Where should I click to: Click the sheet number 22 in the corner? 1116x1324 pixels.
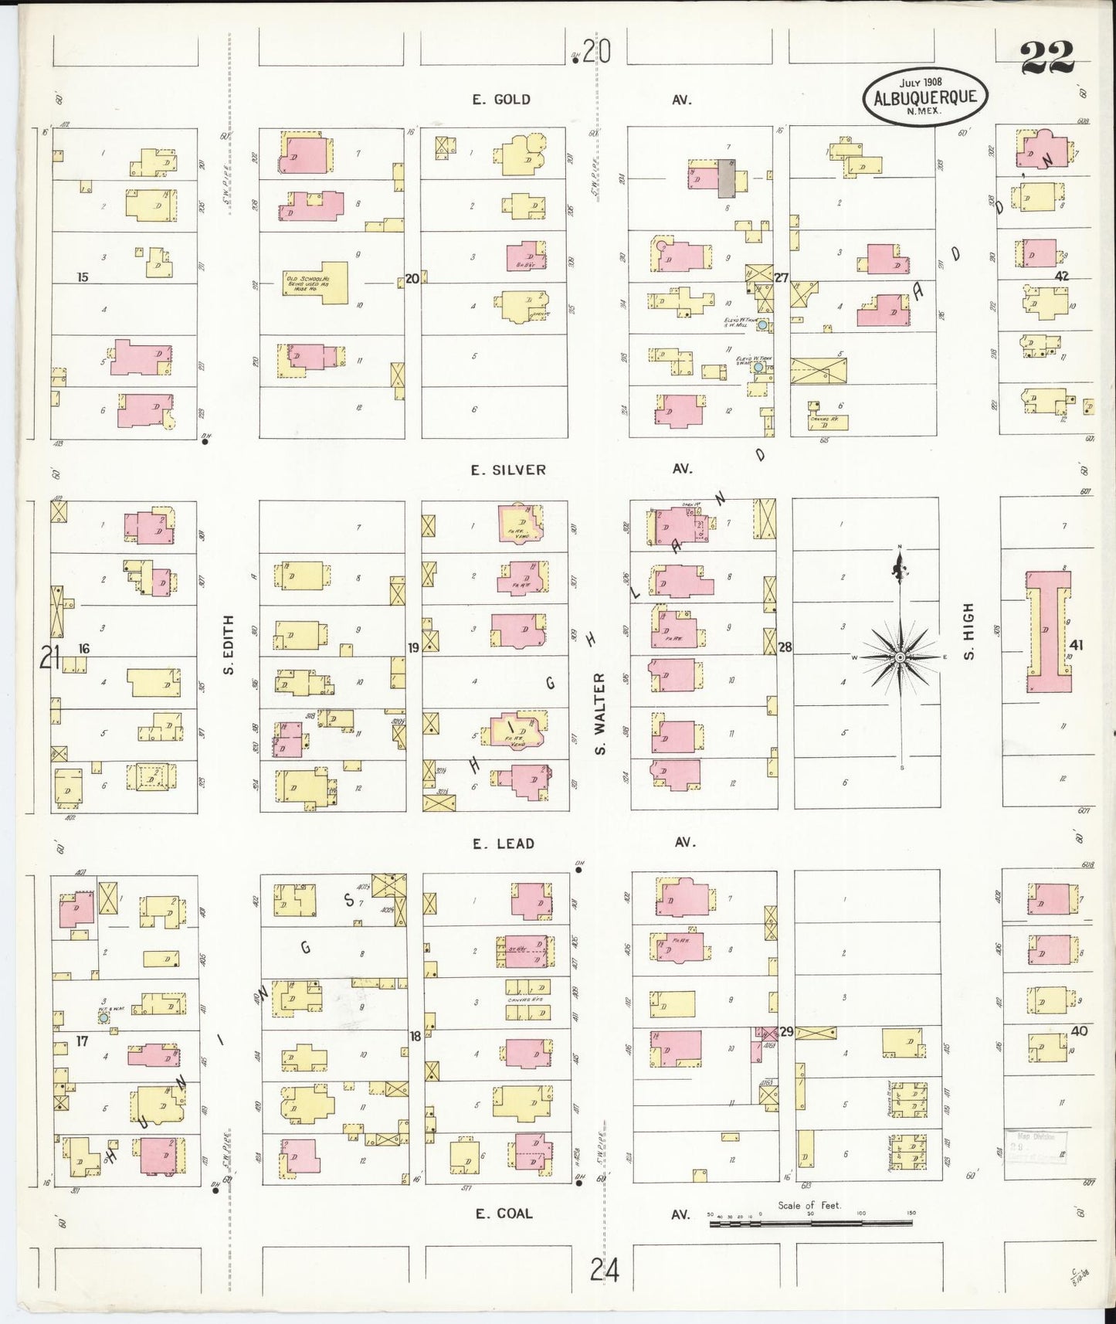click(x=1046, y=57)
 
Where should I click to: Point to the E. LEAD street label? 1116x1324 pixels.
click(x=504, y=844)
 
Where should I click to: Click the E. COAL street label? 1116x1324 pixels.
click(x=504, y=1214)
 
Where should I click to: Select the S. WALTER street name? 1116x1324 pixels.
click(x=601, y=713)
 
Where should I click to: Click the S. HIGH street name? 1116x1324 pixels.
click(x=968, y=632)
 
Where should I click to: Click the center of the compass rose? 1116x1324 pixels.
click(x=900, y=657)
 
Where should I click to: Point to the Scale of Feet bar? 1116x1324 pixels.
click(x=810, y=1223)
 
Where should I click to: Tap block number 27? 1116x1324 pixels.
click(x=782, y=277)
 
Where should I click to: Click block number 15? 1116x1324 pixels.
click(x=83, y=277)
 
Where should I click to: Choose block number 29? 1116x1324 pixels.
click(x=786, y=1032)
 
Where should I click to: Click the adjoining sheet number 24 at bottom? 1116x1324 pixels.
click(x=605, y=1269)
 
